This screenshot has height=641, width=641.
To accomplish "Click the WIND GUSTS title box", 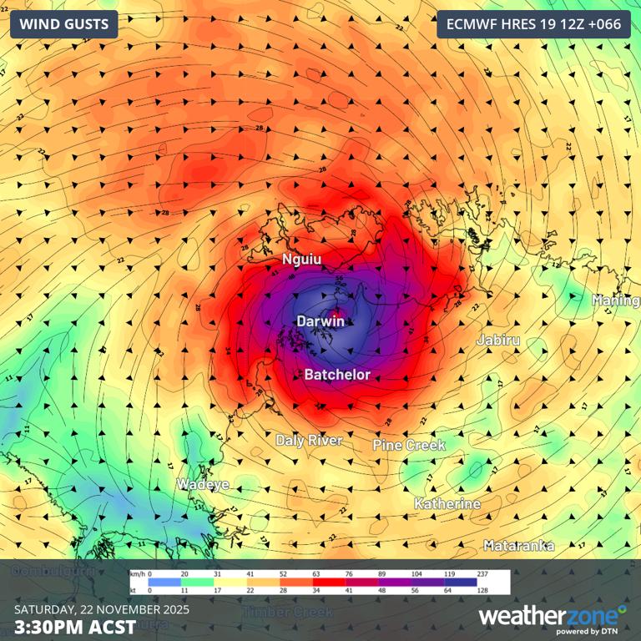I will pyautogui.click(x=63, y=24).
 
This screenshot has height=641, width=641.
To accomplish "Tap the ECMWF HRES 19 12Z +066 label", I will pyautogui.click(x=533, y=24).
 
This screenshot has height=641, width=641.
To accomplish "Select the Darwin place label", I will pyautogui.click(x=320, y=320).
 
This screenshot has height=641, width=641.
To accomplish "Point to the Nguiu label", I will pyautogui.click(x=301, y=260).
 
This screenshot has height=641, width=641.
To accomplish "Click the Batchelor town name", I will pyautogui.click(x=336, y=375).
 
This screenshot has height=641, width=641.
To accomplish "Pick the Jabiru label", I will pyautogui.click(x=497, y=340).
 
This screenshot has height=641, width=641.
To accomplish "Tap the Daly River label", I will pyautogui.click(x=309, y=440).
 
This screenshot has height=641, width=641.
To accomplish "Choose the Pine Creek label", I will pyautogui.click(x=409, y=445).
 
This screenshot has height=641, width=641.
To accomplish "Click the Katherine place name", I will pyautogui.click(x=447, y=504).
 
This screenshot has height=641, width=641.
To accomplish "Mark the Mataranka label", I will pyautogui.click(x=518, y=545).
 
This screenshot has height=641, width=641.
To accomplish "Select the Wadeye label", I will pyautogui.click(x=203, y=484).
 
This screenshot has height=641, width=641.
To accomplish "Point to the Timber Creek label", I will pyautogui.click(x=287, y=612).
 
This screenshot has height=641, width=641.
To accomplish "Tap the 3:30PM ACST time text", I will pyautogui.click(x=74, y=626).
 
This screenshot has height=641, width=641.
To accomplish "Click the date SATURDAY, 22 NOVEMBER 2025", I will pyautogui.click(x=102, y=608).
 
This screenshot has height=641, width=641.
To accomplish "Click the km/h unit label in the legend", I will pyautogui.click(x=137, y=574).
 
